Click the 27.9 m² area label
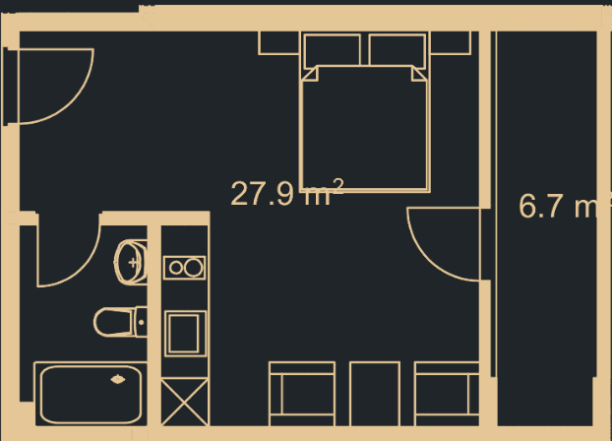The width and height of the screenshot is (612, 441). tap(286, 193)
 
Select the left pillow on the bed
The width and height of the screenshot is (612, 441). tap(333, 50)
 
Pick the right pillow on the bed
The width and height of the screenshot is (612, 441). tap(398, 50)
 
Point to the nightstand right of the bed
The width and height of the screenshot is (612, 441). tap(450, 42)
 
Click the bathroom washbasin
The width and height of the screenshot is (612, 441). tap(131, 262)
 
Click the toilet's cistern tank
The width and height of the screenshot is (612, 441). tap(141, 321)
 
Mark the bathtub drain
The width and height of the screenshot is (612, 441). tap(119, 379)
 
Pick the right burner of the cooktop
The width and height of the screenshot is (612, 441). tap(194, 266)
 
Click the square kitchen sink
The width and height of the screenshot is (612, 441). tap(184, 332)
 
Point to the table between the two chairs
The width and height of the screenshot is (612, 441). tap(375, 394)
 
